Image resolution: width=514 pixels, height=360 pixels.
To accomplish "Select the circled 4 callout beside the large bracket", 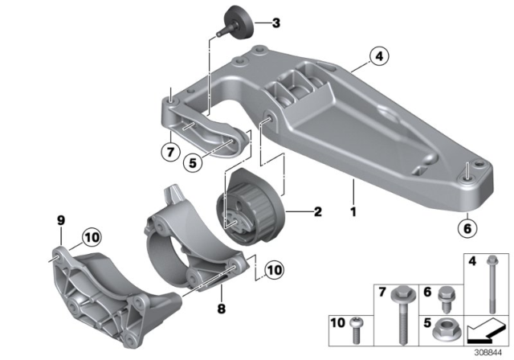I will [x=378, y=56].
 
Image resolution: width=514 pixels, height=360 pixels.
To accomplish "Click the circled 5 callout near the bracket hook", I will [x=192, y=162].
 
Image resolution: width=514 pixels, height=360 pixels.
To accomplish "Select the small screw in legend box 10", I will [x=359, y=324].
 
